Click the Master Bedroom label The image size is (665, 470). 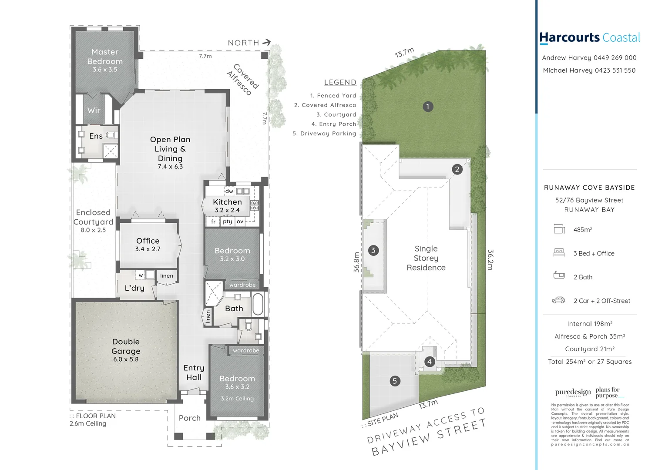(105, 57)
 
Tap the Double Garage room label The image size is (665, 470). (126, 347)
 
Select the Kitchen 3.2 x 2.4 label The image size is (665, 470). (227, 205)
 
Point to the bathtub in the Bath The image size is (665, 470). (258, 303)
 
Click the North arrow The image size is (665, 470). (267, 42)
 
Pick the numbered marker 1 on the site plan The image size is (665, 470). (428, 107)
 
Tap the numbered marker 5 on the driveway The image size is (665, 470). (395, 381)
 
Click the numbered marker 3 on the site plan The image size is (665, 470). (373, 250)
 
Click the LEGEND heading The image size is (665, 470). (340, 82)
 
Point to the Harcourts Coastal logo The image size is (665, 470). (590, 38)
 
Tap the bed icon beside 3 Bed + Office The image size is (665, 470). (559, 252)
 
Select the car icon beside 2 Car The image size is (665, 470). (558, 300)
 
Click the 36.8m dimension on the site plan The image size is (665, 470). (356, 262)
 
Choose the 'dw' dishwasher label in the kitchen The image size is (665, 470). (229, 191)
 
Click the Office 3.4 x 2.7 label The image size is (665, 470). (148, 244)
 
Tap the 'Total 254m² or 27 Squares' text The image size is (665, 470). (590, 362)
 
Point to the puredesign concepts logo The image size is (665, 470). (573, 393)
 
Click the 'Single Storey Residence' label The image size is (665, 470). (426, 258)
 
